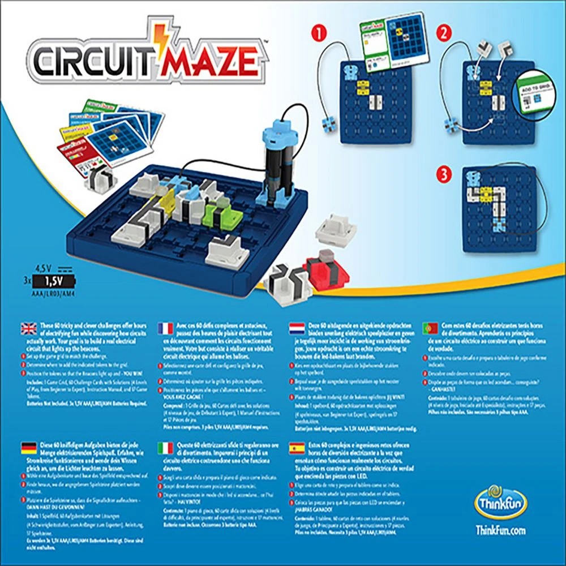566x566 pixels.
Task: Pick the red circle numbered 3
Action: [x=444, y=172]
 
